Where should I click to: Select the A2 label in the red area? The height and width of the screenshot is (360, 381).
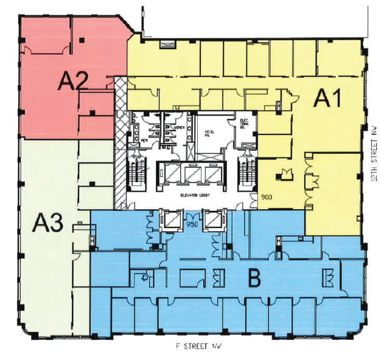point(74,80)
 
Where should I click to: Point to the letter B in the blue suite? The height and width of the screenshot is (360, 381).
point(254,279)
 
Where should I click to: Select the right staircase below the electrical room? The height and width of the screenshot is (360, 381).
point(247,174)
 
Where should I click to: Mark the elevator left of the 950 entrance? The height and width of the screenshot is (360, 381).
point(170,218)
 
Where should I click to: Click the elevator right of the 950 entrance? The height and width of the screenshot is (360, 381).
point(213,218)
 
